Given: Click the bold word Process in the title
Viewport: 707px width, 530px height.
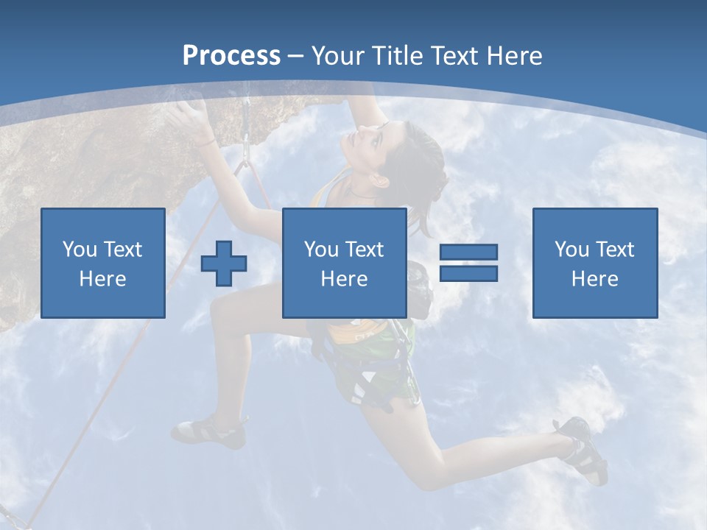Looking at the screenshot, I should pos(231,56).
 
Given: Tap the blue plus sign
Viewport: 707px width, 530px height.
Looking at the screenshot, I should pos(224,264).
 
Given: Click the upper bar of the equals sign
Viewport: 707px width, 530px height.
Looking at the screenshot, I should pos(468,252).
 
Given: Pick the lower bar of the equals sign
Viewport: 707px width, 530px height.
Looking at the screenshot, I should pos(468,273).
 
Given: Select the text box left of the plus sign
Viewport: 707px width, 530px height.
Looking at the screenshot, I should pos(103,263).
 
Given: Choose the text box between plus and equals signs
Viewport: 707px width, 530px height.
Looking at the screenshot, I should pos(344,263).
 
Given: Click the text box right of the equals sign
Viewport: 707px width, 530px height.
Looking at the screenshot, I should pos(594,263).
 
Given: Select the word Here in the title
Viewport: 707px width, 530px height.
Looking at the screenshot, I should pos(515,56).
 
